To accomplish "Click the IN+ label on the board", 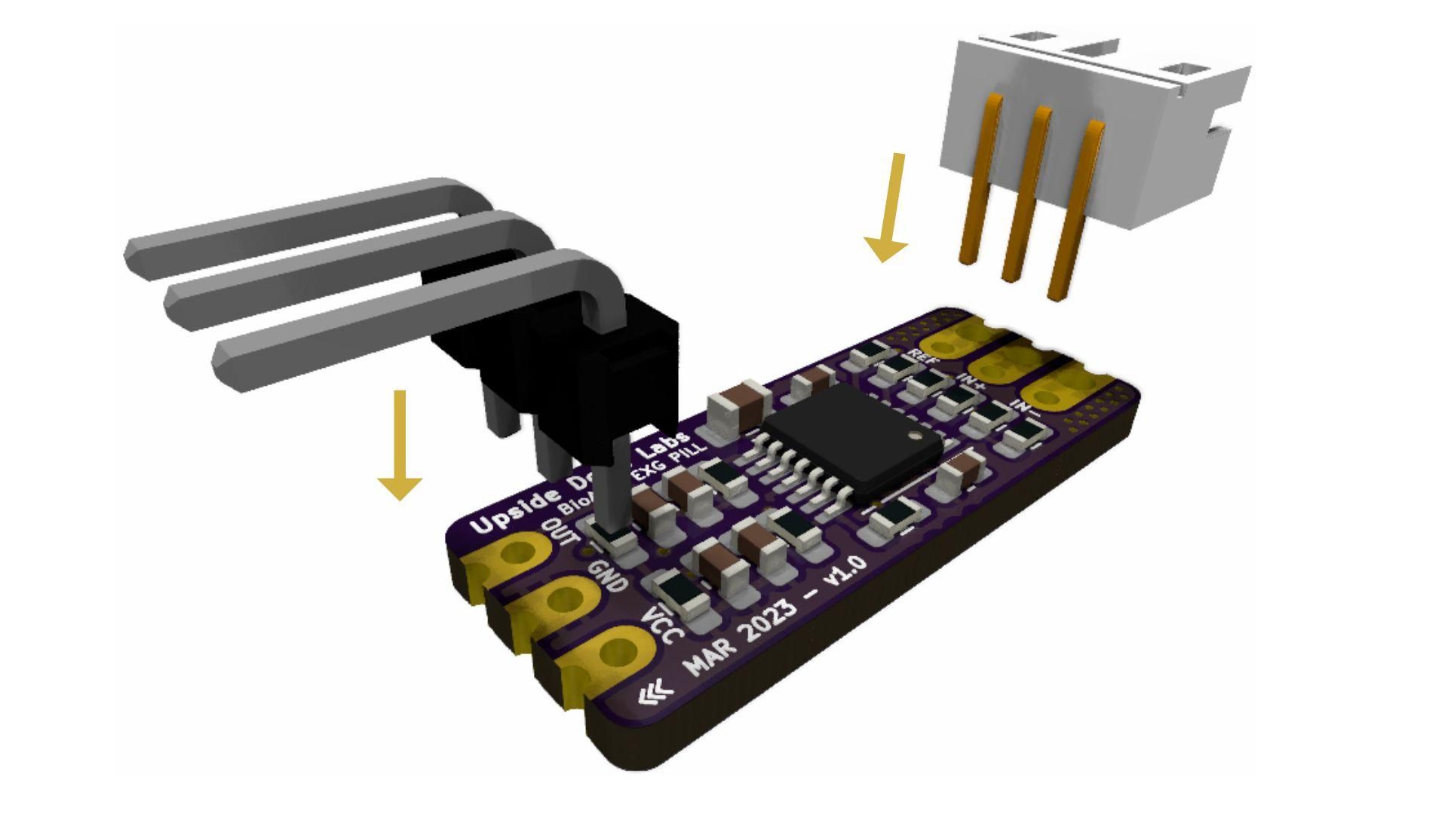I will pos(972,380).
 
